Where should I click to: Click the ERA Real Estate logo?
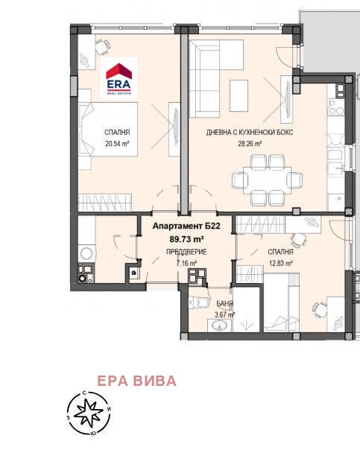click(119, 78)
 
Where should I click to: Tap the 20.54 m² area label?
click(117, 144)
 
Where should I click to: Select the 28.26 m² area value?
click(250, 144)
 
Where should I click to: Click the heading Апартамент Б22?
click(186, 226)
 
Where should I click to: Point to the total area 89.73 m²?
click(186, 239)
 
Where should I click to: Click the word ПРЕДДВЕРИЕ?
click(186, 252)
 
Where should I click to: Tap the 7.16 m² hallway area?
click(186, 264)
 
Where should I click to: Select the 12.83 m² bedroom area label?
click(280, 264)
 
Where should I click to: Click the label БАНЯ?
click(225, 304)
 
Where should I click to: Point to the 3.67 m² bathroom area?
click(225, 315)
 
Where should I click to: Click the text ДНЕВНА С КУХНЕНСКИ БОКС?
click(250, 133)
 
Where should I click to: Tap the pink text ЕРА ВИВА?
click(136, 381)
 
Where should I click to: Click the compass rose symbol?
click(89, 413)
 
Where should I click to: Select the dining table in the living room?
click(268, 180)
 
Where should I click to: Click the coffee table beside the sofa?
click(239, 95)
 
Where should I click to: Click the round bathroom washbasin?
click(219, 326)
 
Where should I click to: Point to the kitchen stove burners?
click(336, 107)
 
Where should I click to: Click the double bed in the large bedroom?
click(108, 129)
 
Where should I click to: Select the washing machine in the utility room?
click(86, 253)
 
